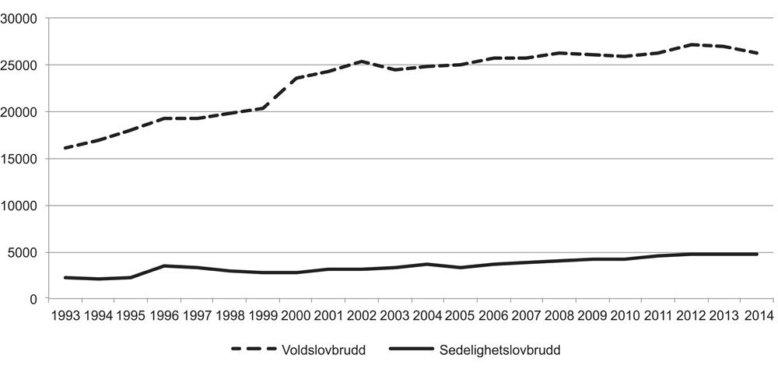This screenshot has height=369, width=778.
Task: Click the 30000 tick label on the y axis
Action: (x=21, y=18)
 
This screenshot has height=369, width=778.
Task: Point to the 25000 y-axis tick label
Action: (x=21, y=65)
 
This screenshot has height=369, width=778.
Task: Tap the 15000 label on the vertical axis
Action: (x=21, y=159)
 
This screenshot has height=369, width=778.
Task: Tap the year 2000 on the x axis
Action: (x=296, y=315)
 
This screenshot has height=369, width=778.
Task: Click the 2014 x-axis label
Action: (x=759, y=315)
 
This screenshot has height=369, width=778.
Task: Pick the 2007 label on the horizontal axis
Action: (x=527, y=315)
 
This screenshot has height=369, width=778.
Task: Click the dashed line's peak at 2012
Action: (x=692, y=44)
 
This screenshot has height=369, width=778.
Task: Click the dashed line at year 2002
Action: (x=363, y=61)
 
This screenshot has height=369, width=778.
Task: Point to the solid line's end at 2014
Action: (x=758, y=254)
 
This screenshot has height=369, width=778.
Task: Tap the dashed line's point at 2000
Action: (x=296, y=78)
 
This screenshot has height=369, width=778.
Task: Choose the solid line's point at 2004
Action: (x=429, y=264)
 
